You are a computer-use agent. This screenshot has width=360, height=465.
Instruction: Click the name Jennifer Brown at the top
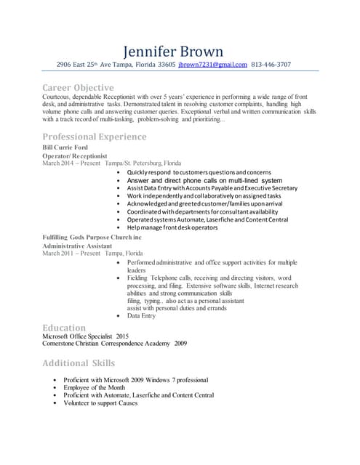[x=173, y=51]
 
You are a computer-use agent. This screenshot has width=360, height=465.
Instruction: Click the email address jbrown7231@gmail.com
[x=213, y=65]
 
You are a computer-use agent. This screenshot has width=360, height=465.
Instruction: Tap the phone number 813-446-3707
[x=271, y=65]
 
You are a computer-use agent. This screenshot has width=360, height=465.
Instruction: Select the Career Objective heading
[x=78, y=88]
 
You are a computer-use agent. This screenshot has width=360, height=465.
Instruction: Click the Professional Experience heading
[x=94, y=137]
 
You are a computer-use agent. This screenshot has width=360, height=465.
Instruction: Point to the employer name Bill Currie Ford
[x=65, y=147]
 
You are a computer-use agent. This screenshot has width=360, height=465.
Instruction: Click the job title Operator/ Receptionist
[x=75, y=155]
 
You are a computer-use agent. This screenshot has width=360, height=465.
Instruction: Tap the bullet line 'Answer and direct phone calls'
[x=204, y=179]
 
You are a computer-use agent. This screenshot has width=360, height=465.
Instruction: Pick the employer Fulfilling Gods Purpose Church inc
[x=92, y=238]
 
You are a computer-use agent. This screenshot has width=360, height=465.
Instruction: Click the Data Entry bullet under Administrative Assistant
[x=141, y=316]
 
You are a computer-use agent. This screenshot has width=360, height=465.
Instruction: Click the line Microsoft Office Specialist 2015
[x=86, y=336]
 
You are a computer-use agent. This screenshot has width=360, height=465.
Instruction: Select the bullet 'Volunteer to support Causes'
[x=100, y=403]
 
